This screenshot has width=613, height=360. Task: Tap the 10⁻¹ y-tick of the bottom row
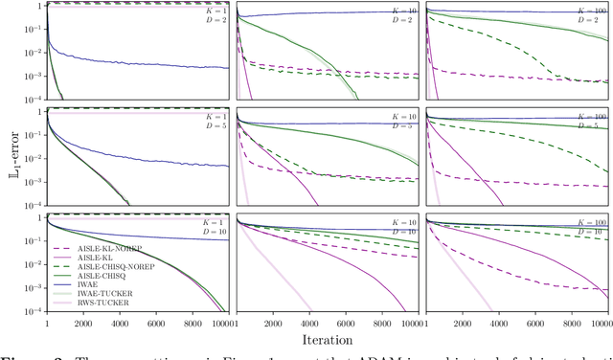pyautogui.click(x=34, y=241)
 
